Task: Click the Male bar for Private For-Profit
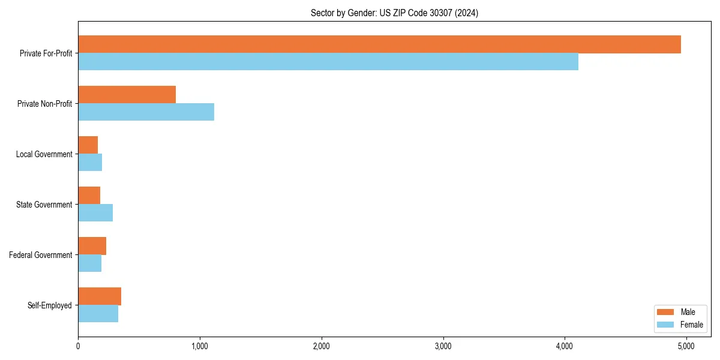coord(379,44)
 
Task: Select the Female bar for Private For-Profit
coord(328,62)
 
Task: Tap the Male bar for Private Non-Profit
coord(127,95)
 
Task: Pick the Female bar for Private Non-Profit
coord(146,112)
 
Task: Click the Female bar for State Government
coord(95,213)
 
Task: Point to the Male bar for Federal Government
coord(92,246)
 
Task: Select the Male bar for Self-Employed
coord(100,296)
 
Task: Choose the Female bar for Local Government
coord(90,163)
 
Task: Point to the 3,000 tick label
coord(443,346)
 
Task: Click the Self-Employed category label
coord(50,305)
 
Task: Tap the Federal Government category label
coord(41,255)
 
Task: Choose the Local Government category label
coord(44,154)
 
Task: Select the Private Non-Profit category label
coord(44,104)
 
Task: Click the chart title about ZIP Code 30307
coord(394,13)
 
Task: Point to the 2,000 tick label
coord(322,346)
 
